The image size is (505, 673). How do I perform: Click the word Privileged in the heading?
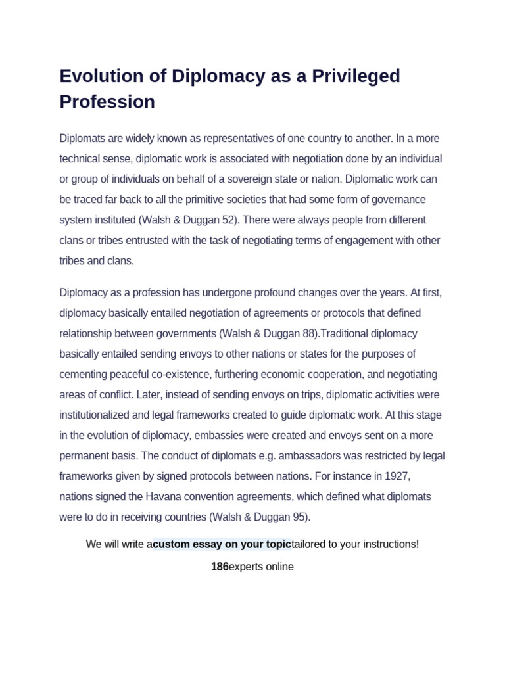(x=351, y=76)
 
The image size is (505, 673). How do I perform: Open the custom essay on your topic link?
(x=222, y=544)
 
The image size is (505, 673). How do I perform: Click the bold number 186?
(x=220, y=567)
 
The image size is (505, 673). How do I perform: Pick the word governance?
(x=397, y=199)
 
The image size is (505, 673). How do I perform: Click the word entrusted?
(x=145, y=240)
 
